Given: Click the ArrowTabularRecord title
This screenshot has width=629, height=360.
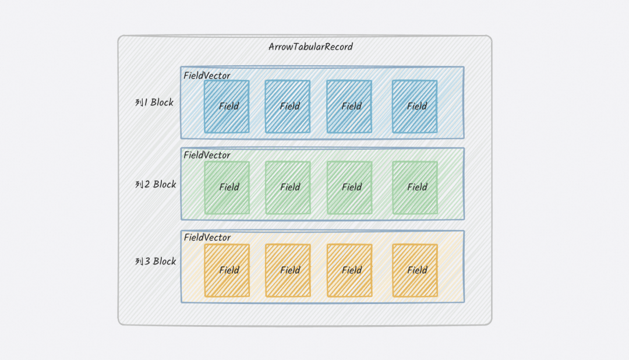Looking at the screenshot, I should pos(310,47).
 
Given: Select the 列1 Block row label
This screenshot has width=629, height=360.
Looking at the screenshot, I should pos(154,103).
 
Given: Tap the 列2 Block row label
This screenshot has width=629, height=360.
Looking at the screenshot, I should pos(156,184).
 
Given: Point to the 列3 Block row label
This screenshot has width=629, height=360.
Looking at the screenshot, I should pos(156,261).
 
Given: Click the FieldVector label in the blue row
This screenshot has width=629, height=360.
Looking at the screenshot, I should pos(207,76).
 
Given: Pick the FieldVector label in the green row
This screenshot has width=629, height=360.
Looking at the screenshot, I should pos(207,155).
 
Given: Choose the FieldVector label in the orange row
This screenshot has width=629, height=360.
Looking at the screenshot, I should pos(207,238).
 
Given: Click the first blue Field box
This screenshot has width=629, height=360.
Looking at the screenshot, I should pos(227,106).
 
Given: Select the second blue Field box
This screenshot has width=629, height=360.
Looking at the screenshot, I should pos(288,106).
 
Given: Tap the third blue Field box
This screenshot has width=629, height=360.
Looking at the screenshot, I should pos(349,106).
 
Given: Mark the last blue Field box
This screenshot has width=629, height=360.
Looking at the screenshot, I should pos(415,106).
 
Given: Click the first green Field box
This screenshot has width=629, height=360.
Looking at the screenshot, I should pos(227,187).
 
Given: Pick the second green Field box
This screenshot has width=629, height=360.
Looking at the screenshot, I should pos(288,187).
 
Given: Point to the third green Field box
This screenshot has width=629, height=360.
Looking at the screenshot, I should pos(349,187).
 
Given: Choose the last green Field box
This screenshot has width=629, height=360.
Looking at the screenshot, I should pos(415,187).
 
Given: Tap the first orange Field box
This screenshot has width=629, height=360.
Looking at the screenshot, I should pos(227,270).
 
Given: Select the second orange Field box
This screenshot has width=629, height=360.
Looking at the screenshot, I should pos(288,270).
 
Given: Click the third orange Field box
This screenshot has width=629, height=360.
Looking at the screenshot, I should pos(349,270).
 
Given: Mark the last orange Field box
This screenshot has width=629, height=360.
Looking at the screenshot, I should pos(415,270).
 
